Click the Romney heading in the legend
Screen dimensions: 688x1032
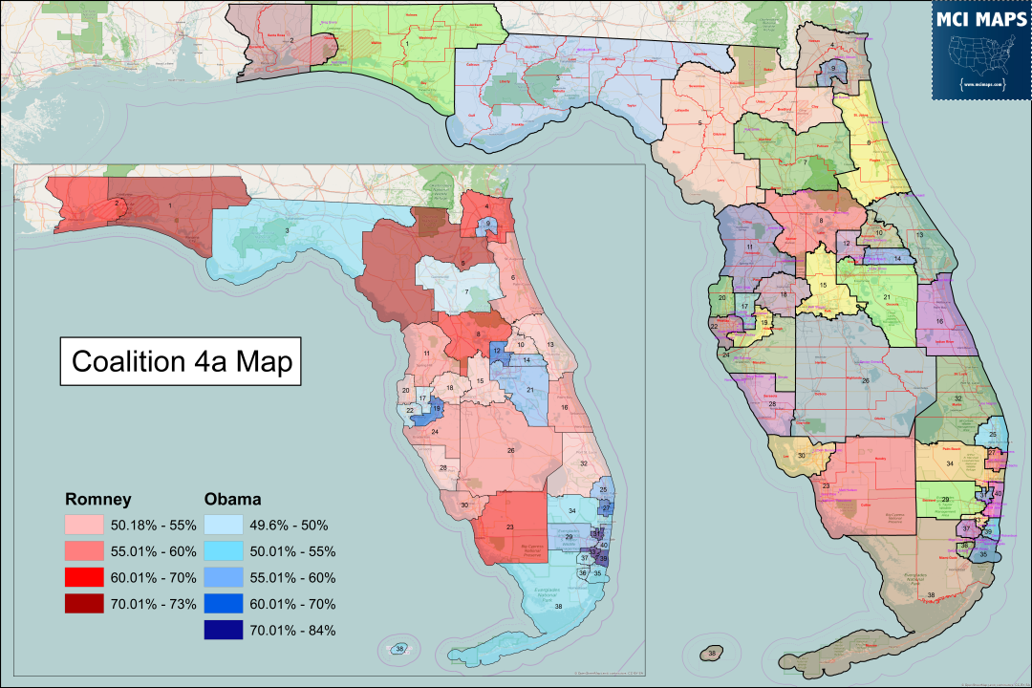(97, 499)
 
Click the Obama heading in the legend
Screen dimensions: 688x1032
(233, 499)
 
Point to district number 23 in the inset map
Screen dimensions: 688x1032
(510, 527)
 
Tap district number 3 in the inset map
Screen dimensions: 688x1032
(286, 230)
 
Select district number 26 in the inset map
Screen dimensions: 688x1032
(511, 450)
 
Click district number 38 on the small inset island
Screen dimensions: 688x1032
(400, 650)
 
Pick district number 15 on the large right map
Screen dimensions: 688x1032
(822, 285)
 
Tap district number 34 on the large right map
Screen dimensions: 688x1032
(950, 463)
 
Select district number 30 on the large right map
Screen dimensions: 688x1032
(801, 455)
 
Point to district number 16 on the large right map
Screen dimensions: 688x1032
(939, 322)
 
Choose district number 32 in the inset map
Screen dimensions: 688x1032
(583, 463)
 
